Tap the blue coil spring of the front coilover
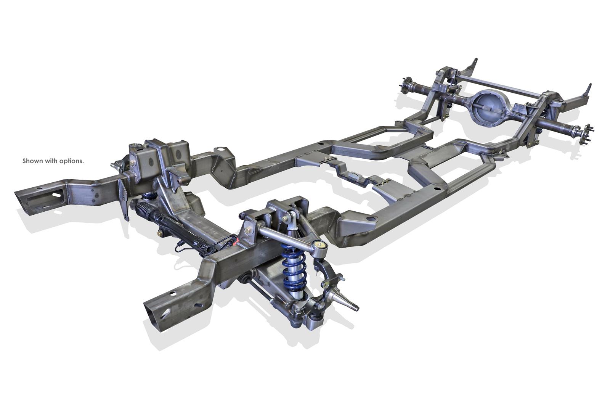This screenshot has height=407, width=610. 291,267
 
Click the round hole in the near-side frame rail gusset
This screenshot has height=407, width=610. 370,219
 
